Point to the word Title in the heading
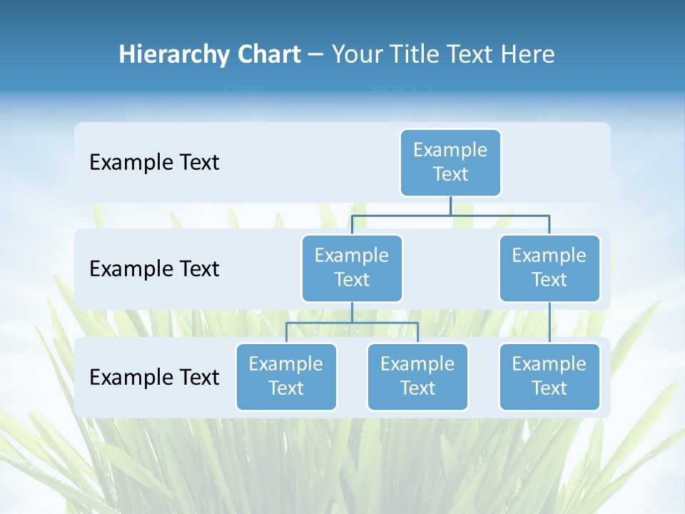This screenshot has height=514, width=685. pyautogui.click(x=415, y=55)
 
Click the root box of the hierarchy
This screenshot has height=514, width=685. pyautogui.click(x=450, y=162)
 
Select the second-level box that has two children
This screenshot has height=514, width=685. pyautogui.click(x=352, y=268)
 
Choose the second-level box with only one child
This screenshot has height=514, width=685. pyautogui.click(x=549, y=268)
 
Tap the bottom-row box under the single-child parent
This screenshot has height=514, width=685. pyautogui.click(x=549, y=376)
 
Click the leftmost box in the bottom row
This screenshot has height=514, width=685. pyautogui.click(x=286, y=376)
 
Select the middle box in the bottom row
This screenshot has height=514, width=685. pyautogui.click(x=417, y=376)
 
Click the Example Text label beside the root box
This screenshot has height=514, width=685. pyautogui.click(x=154, y=163)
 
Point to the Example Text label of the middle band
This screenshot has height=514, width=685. pyautogui.click(x=154, y=269)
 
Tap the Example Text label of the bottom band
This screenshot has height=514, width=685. pyautogui.click(x=154, y=377)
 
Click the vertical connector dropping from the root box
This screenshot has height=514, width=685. pyautogui.click(x=450, y=206)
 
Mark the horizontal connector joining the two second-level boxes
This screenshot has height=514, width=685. pyautogui.click(x=450, y=215)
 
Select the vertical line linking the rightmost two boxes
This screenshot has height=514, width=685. pyautogui.click(x=549, y=322)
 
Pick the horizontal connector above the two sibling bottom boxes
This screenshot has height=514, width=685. pyautogui.click(x=352, y=323)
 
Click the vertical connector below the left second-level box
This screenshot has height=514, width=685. pyautogui.click(x=352, y=312)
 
